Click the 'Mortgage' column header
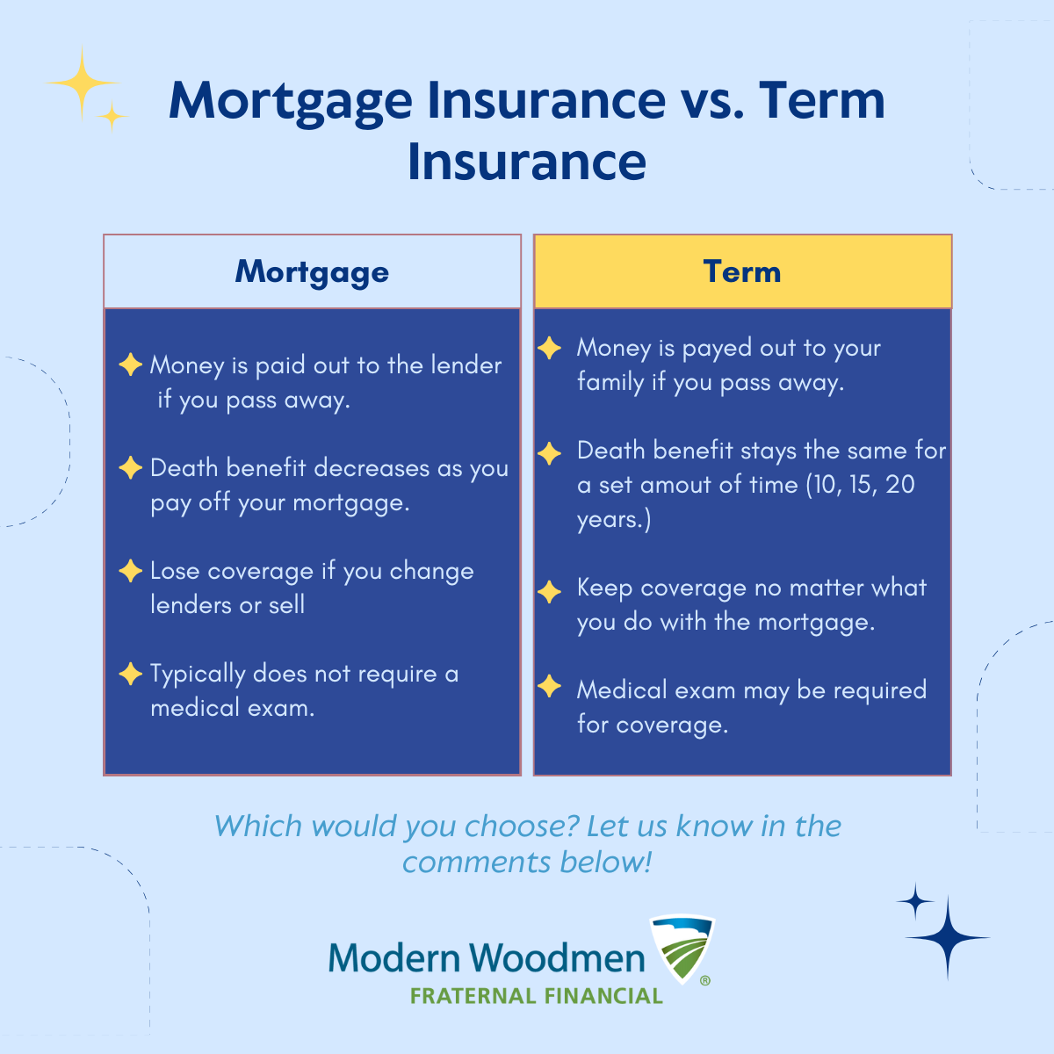tap(312, 271)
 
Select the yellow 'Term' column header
tap(742, 271)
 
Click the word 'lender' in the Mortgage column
tap(466, 365)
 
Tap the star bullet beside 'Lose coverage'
tap(130, 571)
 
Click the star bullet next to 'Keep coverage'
tap(549, 592)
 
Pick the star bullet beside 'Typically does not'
tap(130, 674)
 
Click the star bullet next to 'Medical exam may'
tap(549, 686)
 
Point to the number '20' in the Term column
tap(899, 485)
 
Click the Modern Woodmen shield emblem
tap(682, 949)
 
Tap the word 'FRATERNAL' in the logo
tap(473, 996)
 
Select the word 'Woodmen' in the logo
tap(557, 957)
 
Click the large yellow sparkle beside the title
tap(83, 83)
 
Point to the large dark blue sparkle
tap(948, 937)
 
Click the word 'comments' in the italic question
tap(476, 863)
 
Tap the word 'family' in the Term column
tap(610, 383)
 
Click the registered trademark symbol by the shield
tap(705, 981)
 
